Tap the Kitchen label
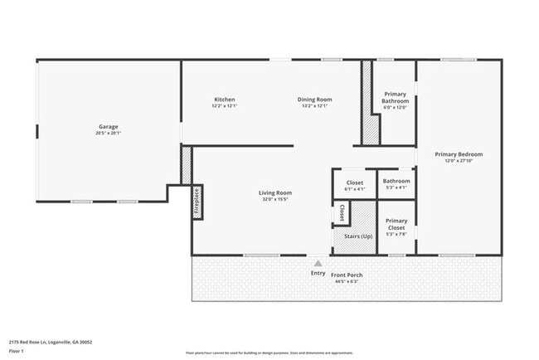[224, 100]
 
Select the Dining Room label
[315, 100]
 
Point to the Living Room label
[277, 192]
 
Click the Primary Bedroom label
[459, 154]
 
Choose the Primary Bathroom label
[396, 98]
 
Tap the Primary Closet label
[396, 221]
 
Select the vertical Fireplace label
[197, 202]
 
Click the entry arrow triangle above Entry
[317, 262]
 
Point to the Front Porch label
[347, 275]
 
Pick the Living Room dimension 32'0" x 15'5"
[277, 199]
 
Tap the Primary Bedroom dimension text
[459, 161]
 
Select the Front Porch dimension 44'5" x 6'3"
[347, 281]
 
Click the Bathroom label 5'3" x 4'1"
[396, 181]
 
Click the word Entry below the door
[318, 273]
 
